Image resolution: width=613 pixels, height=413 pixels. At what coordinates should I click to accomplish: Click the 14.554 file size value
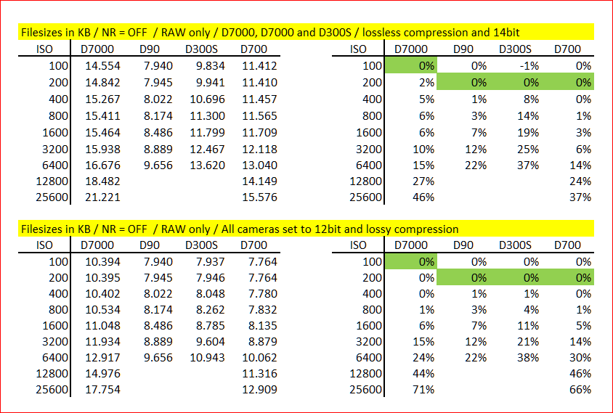tap(103, 65)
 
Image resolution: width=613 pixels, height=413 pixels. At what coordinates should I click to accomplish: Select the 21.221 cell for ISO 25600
tap(103, 197)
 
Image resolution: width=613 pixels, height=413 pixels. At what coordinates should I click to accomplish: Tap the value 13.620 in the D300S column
tap(208, 165)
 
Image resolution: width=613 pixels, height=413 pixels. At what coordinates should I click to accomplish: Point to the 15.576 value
tap(259, 197)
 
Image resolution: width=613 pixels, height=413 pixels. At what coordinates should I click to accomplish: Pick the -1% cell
tap(529, 65)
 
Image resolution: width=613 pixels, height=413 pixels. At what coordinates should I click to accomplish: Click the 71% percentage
tap(423, 389)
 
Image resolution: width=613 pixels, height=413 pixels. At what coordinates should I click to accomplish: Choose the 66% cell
tap(580, 389)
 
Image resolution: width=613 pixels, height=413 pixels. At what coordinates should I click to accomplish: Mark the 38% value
tap(528, 357)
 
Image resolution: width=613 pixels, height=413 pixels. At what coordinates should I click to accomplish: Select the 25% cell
tap(528, 149)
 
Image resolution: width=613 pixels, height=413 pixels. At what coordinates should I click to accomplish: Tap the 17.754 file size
tap(103, 389)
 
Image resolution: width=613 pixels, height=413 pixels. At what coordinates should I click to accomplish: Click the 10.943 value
tap(208, 357)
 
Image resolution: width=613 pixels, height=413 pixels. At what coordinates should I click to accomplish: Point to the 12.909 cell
tap(259, 389)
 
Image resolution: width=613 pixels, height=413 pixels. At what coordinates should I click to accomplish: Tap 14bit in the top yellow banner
tap(506, 32)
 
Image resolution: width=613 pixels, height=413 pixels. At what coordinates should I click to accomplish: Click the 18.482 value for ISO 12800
tap(103, 181)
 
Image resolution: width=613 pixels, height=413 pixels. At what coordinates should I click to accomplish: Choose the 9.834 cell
tap(211, 65)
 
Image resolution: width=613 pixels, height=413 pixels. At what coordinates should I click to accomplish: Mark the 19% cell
tap(528, 132)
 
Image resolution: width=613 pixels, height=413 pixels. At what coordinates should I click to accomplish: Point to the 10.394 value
tap(103, 261)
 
